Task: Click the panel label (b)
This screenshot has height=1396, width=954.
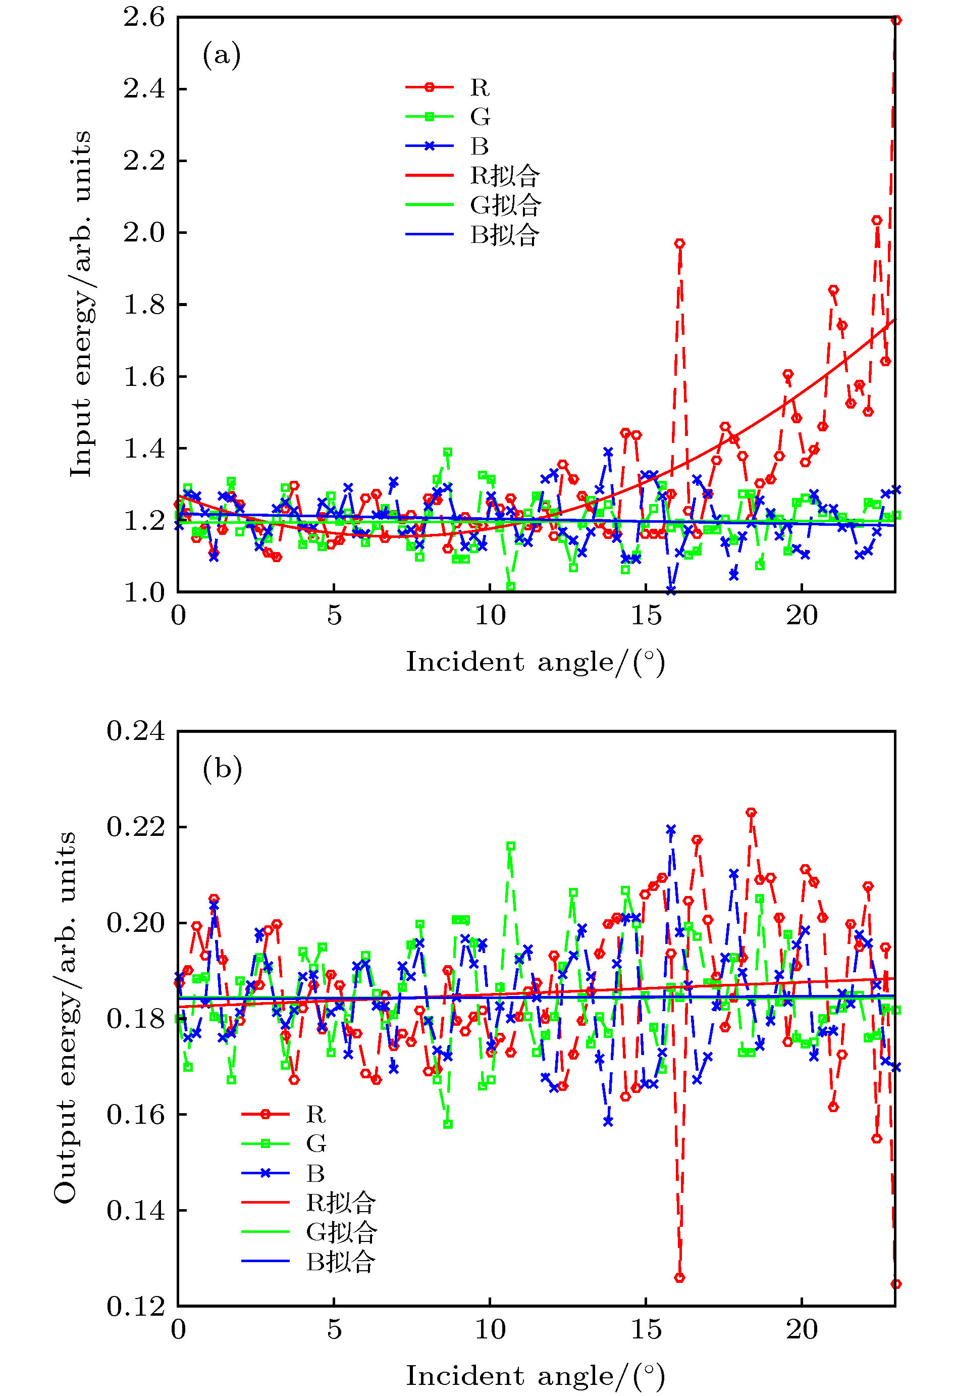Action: (222, 768)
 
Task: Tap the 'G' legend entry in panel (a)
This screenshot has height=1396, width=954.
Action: (480, 117)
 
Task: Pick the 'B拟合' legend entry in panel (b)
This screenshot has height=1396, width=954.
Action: (340, 1262)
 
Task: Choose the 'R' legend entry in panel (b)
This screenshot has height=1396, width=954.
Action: (316, 1114)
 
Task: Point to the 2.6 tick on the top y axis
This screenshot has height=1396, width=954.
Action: (144, 17)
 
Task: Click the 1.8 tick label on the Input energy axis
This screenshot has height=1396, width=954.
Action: (144, 305)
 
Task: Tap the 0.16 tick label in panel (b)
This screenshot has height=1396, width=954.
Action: (136, 1114)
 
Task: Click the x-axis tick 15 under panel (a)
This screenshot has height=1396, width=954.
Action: (646, 616)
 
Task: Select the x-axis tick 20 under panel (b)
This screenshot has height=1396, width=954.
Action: (802, 1329)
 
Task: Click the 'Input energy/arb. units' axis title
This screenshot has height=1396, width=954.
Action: (82, 304)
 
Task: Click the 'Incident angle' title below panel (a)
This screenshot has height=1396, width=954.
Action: (536, 663)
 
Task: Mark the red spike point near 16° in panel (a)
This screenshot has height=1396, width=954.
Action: (679, 243)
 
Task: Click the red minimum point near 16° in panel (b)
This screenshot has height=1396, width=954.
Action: (679, 1278)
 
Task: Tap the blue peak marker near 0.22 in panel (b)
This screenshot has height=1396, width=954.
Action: (671, 829)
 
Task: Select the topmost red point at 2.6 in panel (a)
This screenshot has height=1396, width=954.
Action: (896, 20)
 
